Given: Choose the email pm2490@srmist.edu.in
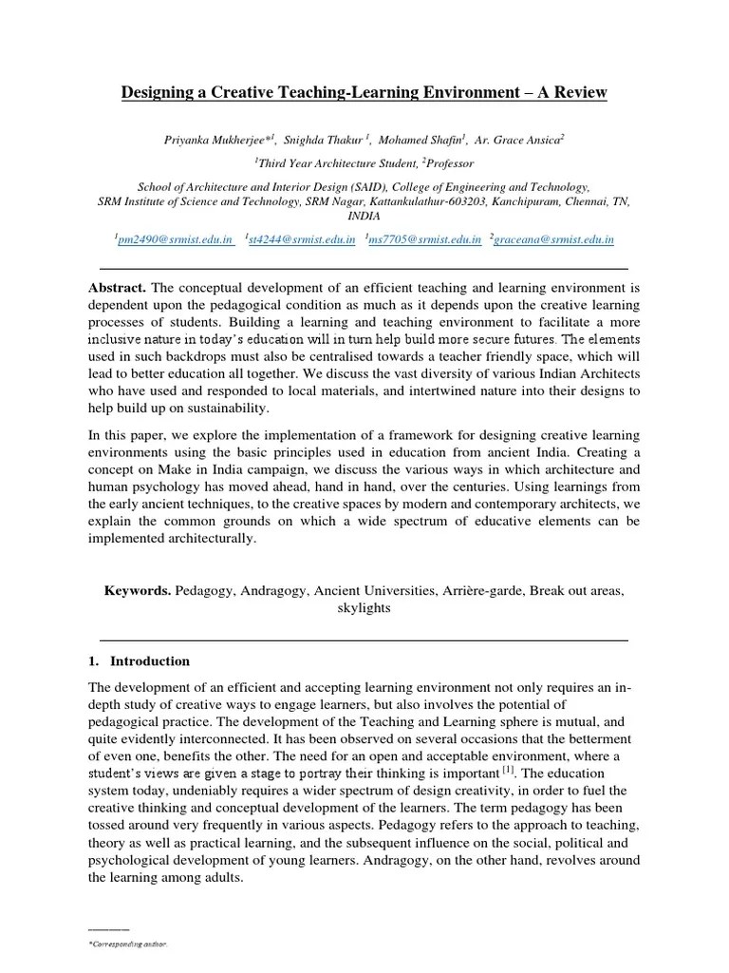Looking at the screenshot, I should coord(175,240).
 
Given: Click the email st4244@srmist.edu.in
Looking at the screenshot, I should coord(301,240).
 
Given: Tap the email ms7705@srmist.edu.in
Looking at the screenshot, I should coord(425,240).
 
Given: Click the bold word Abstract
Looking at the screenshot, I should coord(118,288).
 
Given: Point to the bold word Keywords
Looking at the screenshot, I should coord(138,590).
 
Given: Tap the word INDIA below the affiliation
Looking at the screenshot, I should coord(364,216).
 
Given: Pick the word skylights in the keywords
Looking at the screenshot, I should coord(364,608).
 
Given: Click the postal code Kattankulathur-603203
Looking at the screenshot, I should coord(448,201).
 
